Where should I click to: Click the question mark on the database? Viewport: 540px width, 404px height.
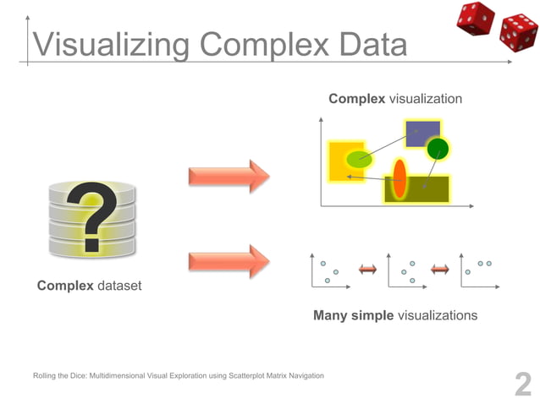pyautogui.click(x=93, y=217)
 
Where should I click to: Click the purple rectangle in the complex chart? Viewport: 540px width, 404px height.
pyautogui.click(x=423, y=133)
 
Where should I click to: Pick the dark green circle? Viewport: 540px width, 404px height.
pyautogui.click(x=438, y=150)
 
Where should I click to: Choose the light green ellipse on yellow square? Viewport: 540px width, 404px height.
pyautogui.click(x=359, y=158)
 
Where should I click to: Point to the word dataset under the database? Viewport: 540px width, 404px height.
pyautogui.click(x=119, y=286)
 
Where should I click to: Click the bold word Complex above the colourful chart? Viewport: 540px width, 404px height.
pyautogui.click(x=356, y=100)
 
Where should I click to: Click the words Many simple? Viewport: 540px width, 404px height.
pyautogui.click(x=353, y=315)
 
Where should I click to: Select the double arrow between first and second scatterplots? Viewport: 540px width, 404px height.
pyautogui.click(x=366, y=269)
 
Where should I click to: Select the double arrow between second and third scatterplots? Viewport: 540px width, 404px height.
pyautogui.click(x=439, y=269)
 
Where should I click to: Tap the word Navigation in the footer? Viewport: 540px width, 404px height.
pyautogui.click(x=303, y=374)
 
